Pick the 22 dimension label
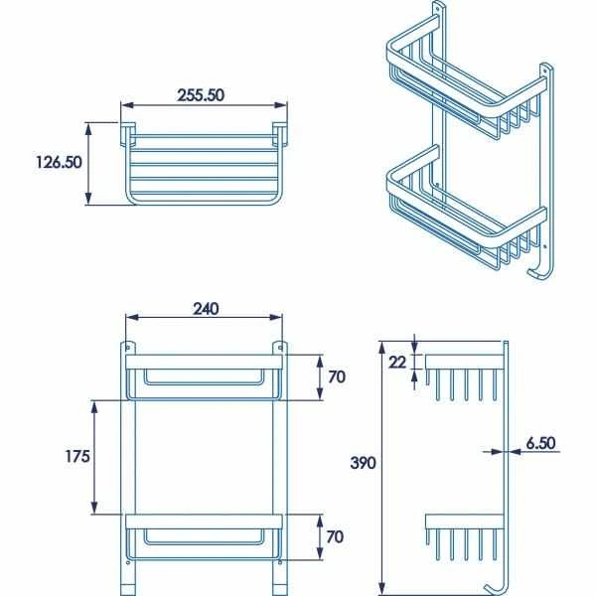click(397, 363)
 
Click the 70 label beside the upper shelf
click(336, 377)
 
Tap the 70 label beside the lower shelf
click(336, 537)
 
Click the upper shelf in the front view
click(204, 373)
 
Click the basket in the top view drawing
click(204, 164)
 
